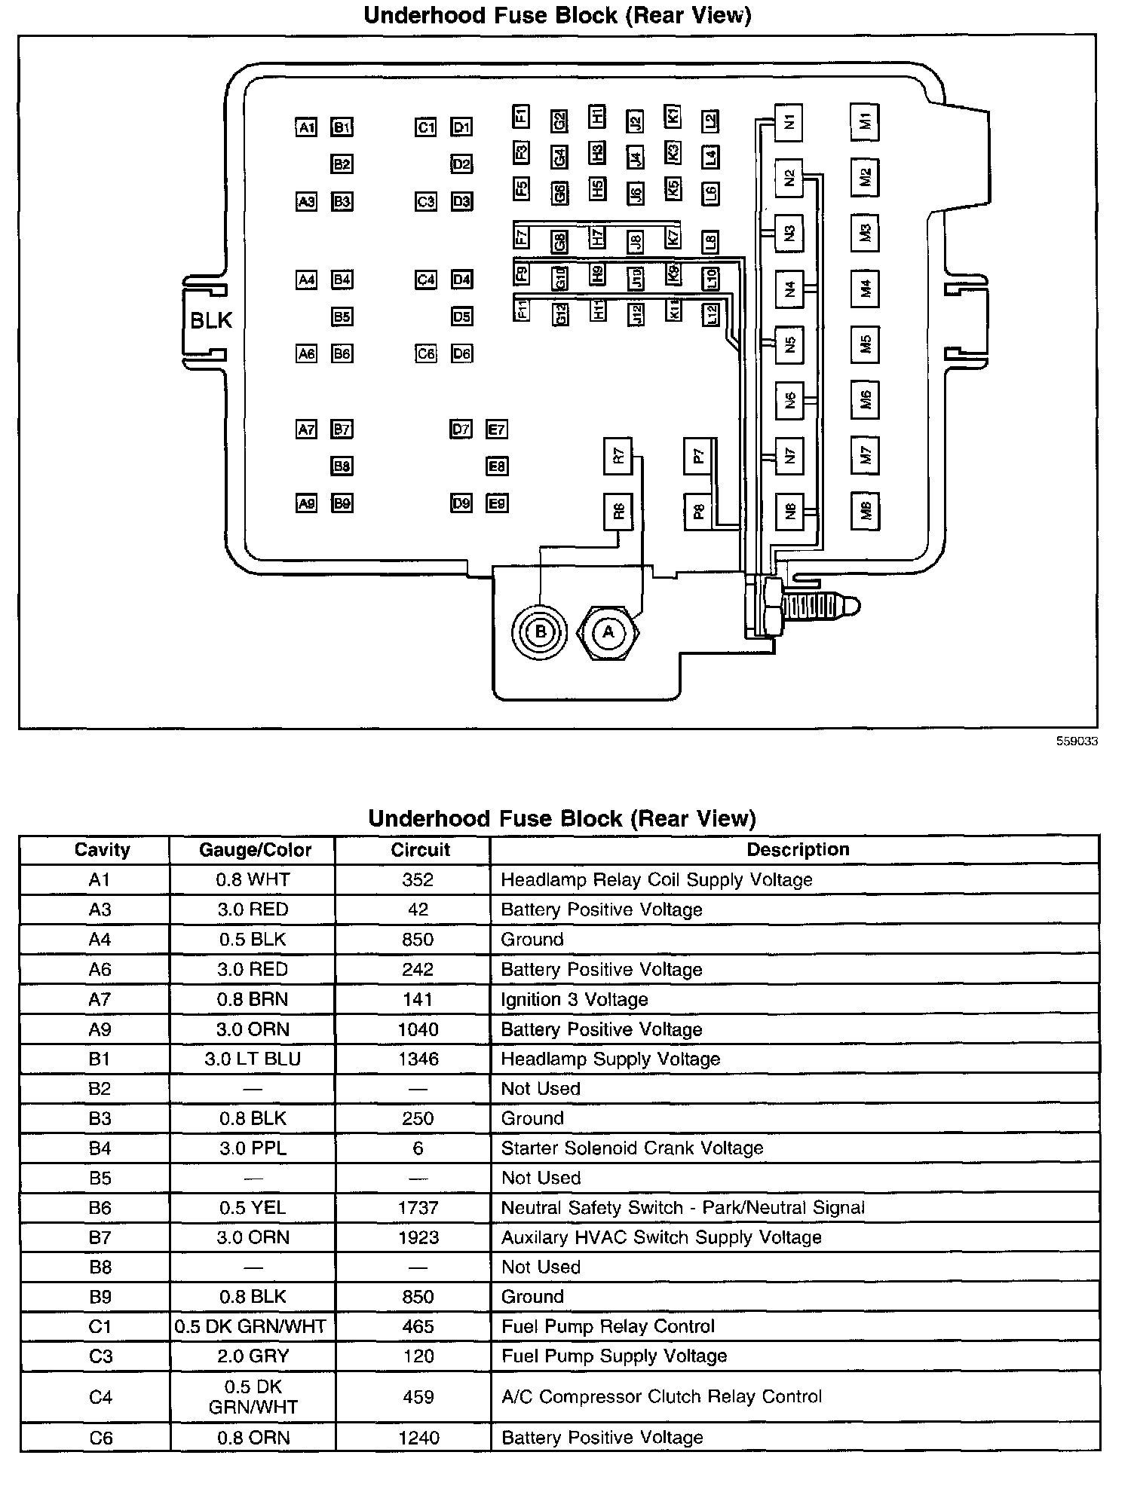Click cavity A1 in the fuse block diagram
(x=306, y=127)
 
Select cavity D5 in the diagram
(x=461, y=316)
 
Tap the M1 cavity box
(x=865, y=121)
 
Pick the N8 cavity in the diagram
(x=789, y=512)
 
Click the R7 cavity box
(x=618, y=456)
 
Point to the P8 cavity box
(x=698, y=512)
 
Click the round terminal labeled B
(x=539, y=631)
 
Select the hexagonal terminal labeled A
(x=608, y=632)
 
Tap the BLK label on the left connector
(x=211, y=320)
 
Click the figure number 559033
(x=1077, y=741)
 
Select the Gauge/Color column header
(x=255, y=850)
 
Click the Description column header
(x=798, y=850)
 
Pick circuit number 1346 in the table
(x=418, y=1059)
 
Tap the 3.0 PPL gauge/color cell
(x=253, y=1148)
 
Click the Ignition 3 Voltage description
(x=575, y=1000)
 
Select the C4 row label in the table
(x=100, y=1398)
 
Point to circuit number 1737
(x=418, y=1209)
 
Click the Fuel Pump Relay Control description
(x=608, y=1327)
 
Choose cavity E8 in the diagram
(x=496, y=466)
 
